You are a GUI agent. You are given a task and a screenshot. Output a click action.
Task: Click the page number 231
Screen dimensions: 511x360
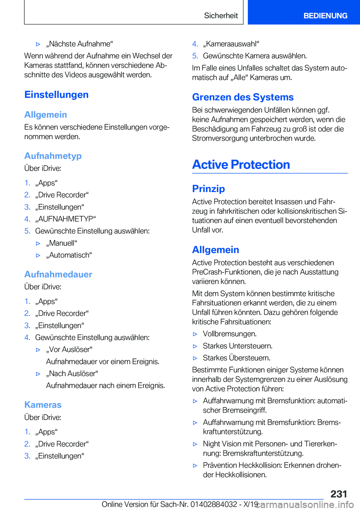pyautogui.click(x=339, y=494)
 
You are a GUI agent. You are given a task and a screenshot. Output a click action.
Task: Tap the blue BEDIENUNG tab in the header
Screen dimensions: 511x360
pyautogui.click(x=325, y=16)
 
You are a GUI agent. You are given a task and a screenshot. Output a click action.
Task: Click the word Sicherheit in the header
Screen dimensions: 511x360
pyautogui.click(x=221, y=16)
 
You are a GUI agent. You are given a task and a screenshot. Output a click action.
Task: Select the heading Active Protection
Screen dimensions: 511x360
pyautogui.click(x=241, y=165)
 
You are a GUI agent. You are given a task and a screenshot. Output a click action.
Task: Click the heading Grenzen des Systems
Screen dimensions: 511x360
pyautogui.click(x=243, y=97)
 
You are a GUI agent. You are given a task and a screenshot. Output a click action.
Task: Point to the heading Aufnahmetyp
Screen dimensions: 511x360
pyautogui.click(x=53, y=156)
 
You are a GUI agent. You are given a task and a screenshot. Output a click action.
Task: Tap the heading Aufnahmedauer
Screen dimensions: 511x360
pyautogui.click(x=58, y=274)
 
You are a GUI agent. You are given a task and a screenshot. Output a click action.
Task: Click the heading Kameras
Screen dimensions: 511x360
pyautogui.click(x=43, y=405)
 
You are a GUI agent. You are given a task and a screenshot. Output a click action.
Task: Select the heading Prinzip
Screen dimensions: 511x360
pyautogui.click(x=208, y=189)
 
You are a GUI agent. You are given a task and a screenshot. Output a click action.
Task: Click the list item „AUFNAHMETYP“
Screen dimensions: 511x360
pyautogui.click(x=66, y=219)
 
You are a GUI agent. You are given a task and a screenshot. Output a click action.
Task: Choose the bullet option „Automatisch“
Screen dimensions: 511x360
pyautogui.click(x=69, y=255)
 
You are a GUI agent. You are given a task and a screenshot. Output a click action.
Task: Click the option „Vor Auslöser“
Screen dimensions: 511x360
pyautogui.click(x=69, y=350)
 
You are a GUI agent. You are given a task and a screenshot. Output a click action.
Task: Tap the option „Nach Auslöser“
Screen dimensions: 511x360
pyautogui.click(x=72, y=374)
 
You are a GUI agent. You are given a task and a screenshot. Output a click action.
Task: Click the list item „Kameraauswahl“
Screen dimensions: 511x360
pyautogui.click(x=231, y=44)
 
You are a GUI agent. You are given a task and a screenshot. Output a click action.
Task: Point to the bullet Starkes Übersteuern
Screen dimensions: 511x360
pyautogui.click(x=236, y=358)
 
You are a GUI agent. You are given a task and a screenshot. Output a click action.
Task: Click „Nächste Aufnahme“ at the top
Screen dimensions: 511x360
pyautogui.click(x=79, y=44)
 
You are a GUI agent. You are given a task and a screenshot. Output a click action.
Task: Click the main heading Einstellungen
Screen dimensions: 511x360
pyautogui.click(x=57, y=95)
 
